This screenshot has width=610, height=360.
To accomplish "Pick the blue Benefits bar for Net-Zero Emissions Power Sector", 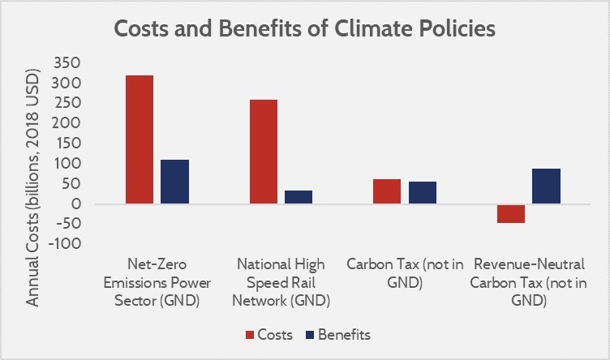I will (x=174, y=182).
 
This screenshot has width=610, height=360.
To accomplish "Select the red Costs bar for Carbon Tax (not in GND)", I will (x=386, y=191).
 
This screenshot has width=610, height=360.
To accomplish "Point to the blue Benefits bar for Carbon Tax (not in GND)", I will (x=422, y=192).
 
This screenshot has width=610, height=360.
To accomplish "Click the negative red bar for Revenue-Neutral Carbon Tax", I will (x=511, y=213).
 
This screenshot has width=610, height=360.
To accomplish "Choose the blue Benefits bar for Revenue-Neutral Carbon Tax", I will (x=546, y=186).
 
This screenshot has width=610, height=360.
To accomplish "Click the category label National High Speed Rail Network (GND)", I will (x=281, y=282).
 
